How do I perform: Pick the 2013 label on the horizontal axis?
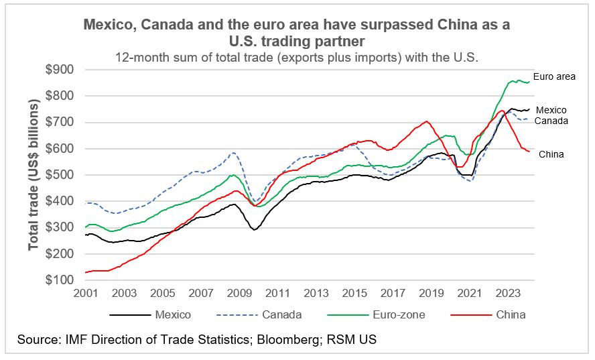pos(316,293)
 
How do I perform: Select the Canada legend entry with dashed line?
pos(281,314)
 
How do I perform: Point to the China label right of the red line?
pos(550,154)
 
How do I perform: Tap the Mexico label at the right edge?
pos(551,110)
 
